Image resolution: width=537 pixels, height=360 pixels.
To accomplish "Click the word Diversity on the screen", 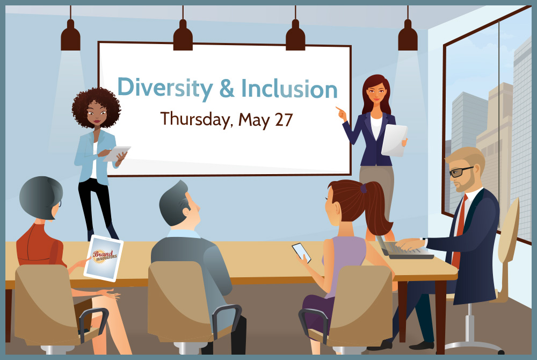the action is point(165,88).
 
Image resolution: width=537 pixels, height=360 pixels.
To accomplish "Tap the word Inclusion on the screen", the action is point(289,88).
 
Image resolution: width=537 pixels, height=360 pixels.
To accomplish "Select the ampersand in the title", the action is point(227,88).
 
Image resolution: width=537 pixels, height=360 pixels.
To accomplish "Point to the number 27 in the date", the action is point(284,120).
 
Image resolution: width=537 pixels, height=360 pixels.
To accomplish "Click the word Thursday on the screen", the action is point(195,120).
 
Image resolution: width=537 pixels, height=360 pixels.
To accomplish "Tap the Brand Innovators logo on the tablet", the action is point(105,256).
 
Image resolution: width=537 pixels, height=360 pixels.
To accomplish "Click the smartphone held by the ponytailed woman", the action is point(301,253).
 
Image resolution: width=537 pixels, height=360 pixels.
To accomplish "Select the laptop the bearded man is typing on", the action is point(404,248).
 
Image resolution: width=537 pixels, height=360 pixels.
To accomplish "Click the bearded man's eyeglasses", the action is point(461,171).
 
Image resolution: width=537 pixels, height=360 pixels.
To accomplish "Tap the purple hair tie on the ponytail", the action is point(364,188).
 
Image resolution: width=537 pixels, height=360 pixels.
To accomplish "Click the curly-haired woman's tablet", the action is point(117,154).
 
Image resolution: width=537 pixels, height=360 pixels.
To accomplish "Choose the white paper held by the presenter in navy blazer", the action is point(394,140).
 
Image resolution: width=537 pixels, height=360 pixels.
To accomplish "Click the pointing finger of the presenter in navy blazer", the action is point(339,109).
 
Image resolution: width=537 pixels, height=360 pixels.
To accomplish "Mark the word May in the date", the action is point(254,120).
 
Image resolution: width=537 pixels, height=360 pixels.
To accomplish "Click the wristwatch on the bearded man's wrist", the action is point(425,242).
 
